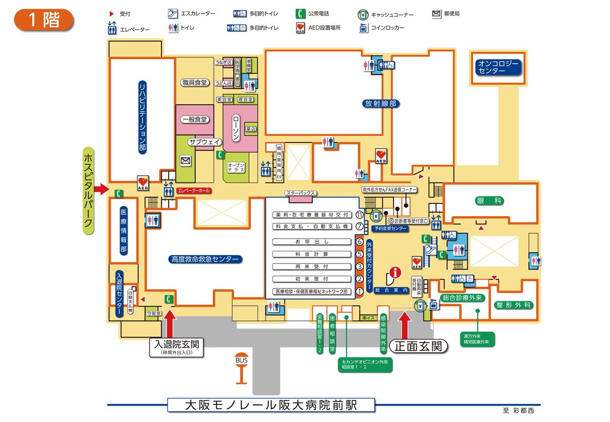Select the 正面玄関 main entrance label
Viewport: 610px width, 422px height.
pyautogui.click(x=418, y=347)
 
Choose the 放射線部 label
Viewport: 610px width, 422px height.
pyautogui.click(x=381, y=104)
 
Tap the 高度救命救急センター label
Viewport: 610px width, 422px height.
pyautogui.click(x=205, y=259)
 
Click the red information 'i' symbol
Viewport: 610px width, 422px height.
pyautogui.click(x=396, y=271)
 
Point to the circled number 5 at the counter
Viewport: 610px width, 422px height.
pyautogui.click(x=359, y=255)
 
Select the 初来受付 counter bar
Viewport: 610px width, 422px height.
pyautogui.click(x=312, y=279)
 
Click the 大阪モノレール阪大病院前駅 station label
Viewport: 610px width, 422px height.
pyautogui.click(x=271, y=405)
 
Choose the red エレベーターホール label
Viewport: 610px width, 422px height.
pyautogui.click(x=193, y=191)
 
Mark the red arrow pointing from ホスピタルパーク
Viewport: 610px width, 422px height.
pyautogui.click(x=101, y=189)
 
